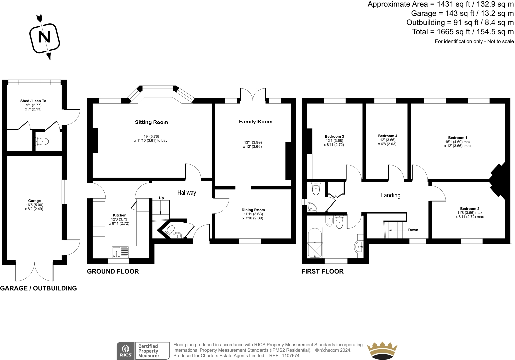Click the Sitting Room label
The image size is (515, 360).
(151, 122)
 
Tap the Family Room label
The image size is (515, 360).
(255, 122)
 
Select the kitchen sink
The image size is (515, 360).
(120, 252)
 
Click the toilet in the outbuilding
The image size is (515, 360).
(42, 141)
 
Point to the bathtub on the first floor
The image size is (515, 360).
(315, 243)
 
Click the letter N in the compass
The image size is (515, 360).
(44, 37)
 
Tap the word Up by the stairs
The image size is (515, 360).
(161, 198)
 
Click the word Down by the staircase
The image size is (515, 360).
(413, 230)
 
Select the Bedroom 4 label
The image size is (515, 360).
(388, 136)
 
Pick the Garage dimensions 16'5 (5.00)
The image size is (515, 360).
(34, 205)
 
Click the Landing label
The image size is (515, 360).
(391, 195)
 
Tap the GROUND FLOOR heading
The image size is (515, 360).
(113, 271)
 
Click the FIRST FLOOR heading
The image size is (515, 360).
(322, 271)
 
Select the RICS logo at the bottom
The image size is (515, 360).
(125, 351)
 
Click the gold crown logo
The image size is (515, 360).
(382, 351)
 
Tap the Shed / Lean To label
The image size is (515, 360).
(33, 101)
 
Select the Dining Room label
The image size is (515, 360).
(253, 210)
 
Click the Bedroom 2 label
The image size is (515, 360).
(470, 209)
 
